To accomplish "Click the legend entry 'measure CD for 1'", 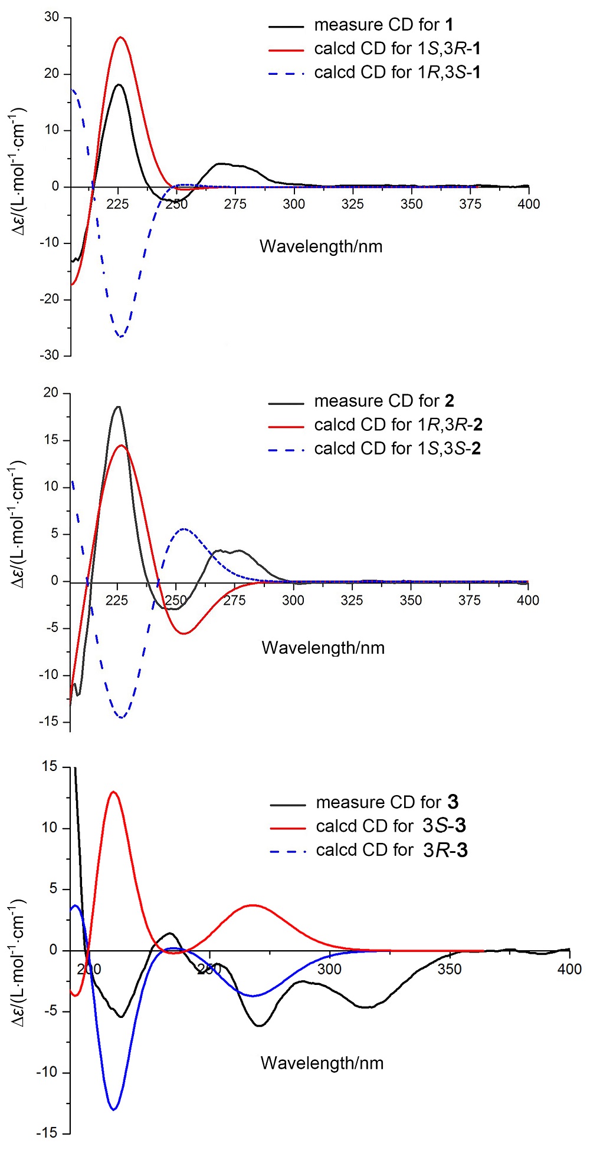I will pos(383,25).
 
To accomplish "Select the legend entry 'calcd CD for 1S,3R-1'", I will pos(397,48).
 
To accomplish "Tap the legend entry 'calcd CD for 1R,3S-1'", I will pos(397,73).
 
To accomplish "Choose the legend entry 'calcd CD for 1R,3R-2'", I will pos(398,424).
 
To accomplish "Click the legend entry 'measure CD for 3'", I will pos(386,802).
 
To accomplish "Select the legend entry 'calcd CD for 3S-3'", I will pos(391,826).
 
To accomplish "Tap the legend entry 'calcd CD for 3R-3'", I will pos(391,850).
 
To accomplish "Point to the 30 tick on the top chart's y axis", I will pos(52,17).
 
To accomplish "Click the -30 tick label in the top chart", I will pos(50,355).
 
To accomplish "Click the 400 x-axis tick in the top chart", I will pos(528,204).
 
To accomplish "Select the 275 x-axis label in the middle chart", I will pos(234,600).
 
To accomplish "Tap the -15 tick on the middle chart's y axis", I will pos(50,721).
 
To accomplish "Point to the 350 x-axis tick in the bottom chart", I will pos(450,969).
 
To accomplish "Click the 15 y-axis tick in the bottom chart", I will pos(51,766).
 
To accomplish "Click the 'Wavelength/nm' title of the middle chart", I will pos(323,648).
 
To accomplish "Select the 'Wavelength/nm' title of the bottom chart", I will pos(322,1063).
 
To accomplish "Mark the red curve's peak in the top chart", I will pos(120,37).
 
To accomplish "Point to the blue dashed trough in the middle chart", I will pos(122,717).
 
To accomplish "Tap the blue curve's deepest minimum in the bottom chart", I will pos(113,1109).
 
